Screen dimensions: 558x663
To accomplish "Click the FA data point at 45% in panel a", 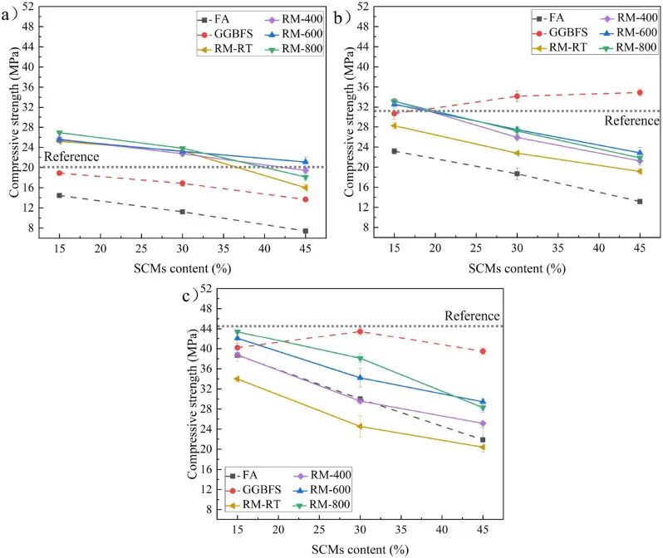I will coord(306,231).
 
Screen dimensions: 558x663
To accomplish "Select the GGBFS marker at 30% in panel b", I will coord(517,96).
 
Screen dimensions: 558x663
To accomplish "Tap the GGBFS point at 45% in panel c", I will coord(483,351).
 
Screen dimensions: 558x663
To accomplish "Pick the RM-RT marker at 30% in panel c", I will coord(360,427).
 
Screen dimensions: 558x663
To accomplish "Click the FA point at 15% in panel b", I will coord(395,151).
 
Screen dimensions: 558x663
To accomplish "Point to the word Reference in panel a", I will coord(71,156).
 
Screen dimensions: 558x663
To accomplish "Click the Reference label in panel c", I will coord(472,316).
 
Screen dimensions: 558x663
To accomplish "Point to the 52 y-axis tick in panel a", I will coord(27,7).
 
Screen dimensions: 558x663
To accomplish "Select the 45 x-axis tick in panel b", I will coord(639,248).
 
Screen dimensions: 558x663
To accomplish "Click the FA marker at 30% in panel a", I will coord(182,212).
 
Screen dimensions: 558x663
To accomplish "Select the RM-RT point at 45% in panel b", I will coord(639,172).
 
